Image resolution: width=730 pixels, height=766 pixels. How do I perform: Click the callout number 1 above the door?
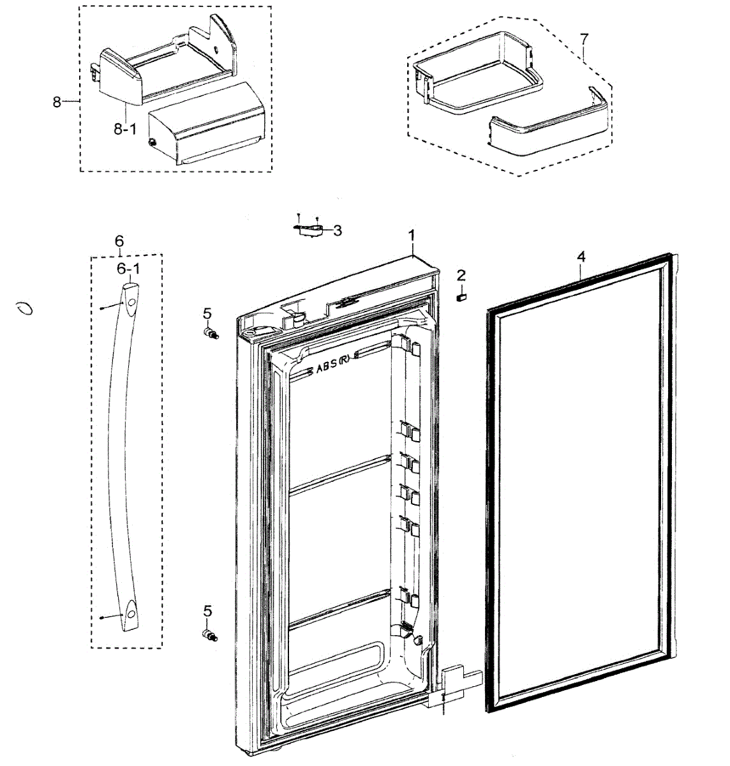tap(412, 235)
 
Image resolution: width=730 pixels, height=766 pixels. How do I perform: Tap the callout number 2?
tap(461, 276)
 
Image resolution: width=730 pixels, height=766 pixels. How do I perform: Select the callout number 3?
tap(338, 230)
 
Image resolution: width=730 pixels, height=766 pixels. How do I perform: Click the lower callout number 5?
tap(207, 612)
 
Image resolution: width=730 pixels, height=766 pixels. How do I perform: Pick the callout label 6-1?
tap(128, 269)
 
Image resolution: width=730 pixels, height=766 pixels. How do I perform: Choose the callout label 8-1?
tap(125, 129)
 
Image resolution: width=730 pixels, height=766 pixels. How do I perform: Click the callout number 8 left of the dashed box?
tap(57, 101)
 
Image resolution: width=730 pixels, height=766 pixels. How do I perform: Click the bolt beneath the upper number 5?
tap(211, 333)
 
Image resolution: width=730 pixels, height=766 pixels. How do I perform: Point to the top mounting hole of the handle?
tap(130, 301)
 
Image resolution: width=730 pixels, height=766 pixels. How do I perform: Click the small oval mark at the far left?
tap(26, 309)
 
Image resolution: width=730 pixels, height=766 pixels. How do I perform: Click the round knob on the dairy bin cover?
tap(153, 143)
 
